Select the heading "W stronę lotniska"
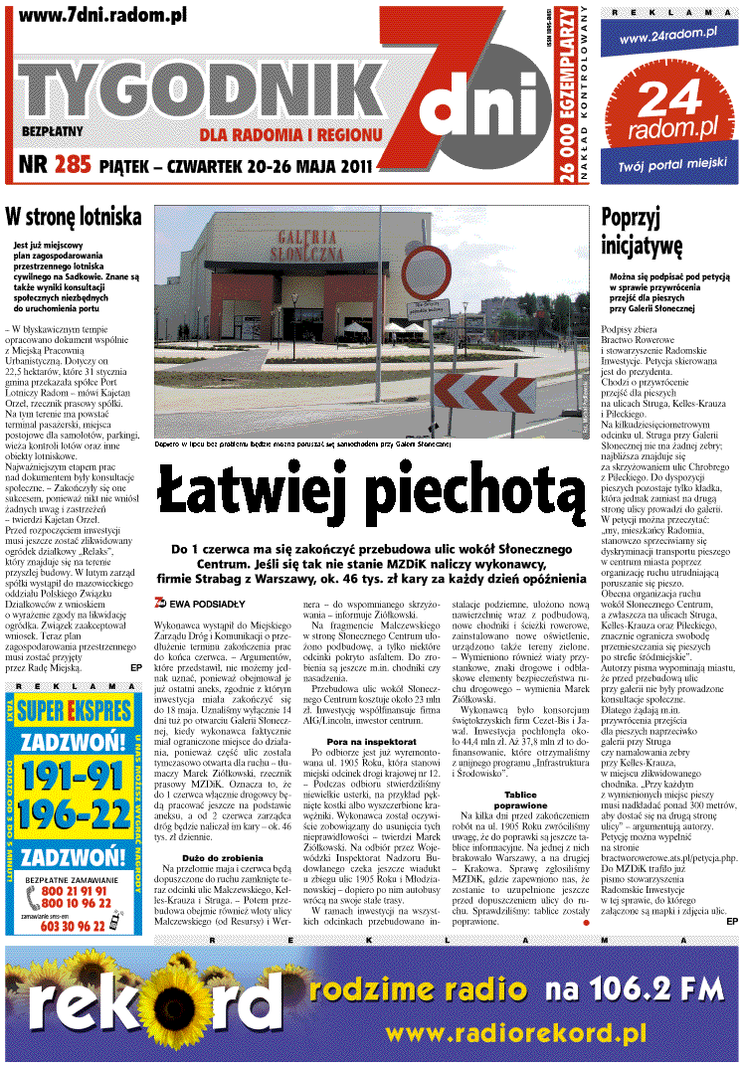click(74, 217)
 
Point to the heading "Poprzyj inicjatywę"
click(642, 231)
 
